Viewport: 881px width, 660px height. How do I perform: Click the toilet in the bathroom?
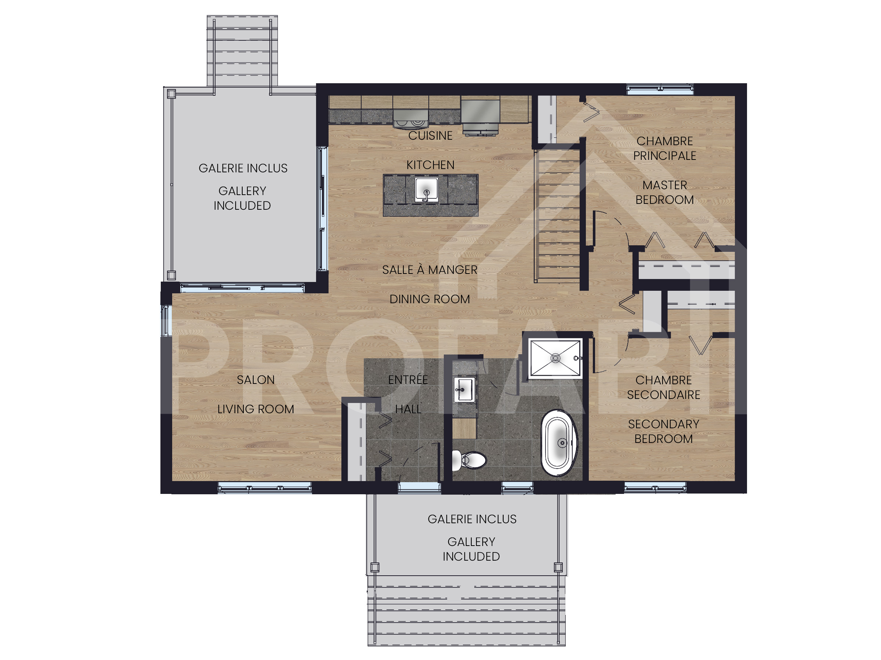pos(470,460)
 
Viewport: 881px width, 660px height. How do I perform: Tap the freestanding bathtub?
pos(558,443)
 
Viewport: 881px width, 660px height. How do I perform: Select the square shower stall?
pos(555,357)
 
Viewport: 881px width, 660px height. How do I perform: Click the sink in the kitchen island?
pos(426,190)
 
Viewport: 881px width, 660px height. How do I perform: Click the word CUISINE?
pos(430,136)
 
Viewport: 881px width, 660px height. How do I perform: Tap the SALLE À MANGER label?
pos(429,270)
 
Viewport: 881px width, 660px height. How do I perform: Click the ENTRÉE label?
pos(408,379)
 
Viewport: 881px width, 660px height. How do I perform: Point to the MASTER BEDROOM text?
pos(664,192)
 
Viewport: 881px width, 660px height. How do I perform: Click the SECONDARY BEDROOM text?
pos(664,431)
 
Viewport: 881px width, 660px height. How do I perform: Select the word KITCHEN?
pos(430,165)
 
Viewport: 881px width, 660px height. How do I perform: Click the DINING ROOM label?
pos(429,299)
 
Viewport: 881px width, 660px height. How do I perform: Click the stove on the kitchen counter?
pos(410,118)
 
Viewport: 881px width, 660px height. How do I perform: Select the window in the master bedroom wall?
pos(660,89)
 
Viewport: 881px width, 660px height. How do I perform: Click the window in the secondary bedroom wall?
pos(655,487)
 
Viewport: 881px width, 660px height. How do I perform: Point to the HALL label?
pos(408,409)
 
